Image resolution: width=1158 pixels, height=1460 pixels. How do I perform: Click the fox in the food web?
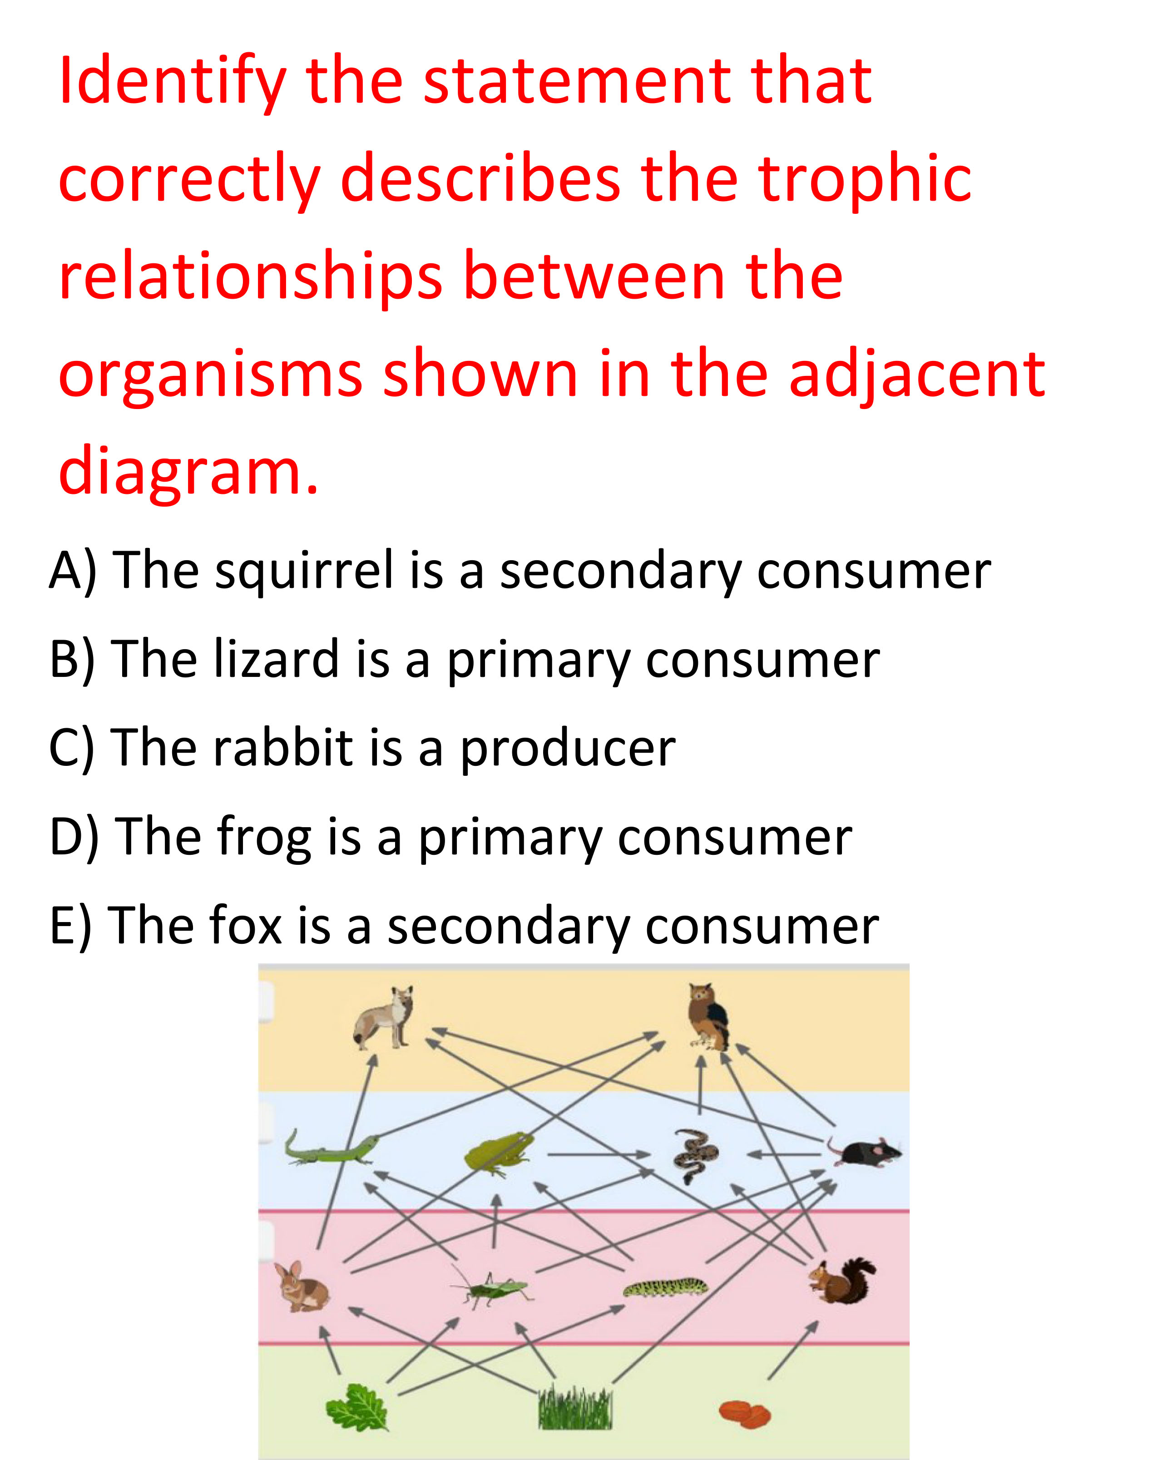(x=383, y=1017)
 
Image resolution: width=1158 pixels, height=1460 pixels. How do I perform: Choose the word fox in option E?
(x=245, y=925)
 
